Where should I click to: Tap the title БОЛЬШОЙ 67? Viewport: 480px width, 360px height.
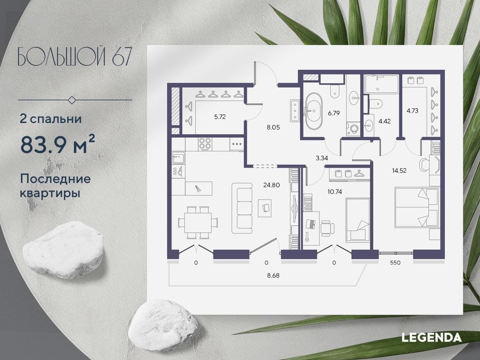click(x=76, y=57)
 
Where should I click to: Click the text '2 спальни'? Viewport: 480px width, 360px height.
click(x=50, y=119)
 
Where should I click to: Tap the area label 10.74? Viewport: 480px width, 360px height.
click(x=334, y=191)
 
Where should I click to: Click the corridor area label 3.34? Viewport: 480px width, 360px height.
click(x=322, y=157)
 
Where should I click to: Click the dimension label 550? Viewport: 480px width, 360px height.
click(x=395, y=262)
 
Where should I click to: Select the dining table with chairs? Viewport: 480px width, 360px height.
click(x=198, y=221)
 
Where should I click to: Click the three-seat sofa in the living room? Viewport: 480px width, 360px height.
click(x=244, y=207)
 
